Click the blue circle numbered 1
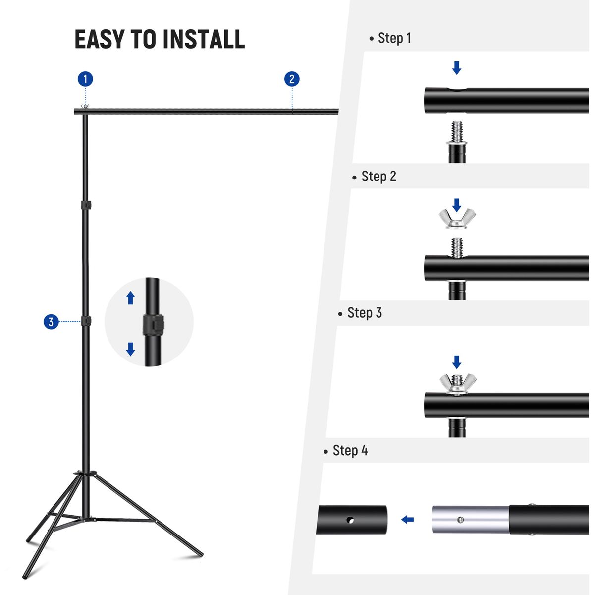coord(85,79)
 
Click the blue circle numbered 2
coord(292,79)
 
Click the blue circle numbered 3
coord(51,322)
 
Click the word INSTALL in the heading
coord(204,39)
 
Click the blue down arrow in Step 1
coord(457,67)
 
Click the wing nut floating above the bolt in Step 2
coord(457,218)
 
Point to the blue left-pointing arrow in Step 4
coord(407,520)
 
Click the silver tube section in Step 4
coord(470,520)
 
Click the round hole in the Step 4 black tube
coord(350,520)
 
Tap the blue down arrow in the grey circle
coord(130,349)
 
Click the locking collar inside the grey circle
coord(153,325)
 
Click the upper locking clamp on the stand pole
coord(86,204)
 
